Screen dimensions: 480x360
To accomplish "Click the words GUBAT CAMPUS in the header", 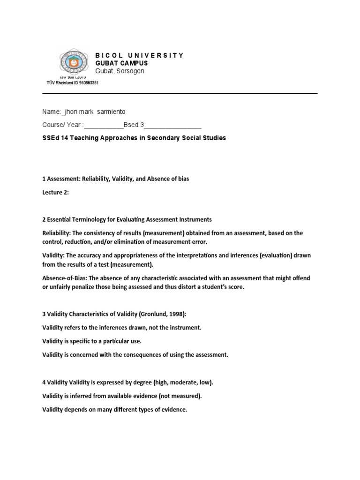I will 121,63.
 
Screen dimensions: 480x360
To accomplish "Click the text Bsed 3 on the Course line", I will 134,125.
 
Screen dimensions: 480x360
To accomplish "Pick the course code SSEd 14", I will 55,138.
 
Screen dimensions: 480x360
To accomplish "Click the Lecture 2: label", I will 55,193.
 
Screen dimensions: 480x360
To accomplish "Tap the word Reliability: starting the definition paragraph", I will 57,233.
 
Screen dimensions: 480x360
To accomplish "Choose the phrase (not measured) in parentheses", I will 179,396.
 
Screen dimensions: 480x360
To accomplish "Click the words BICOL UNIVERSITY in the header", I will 139,55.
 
